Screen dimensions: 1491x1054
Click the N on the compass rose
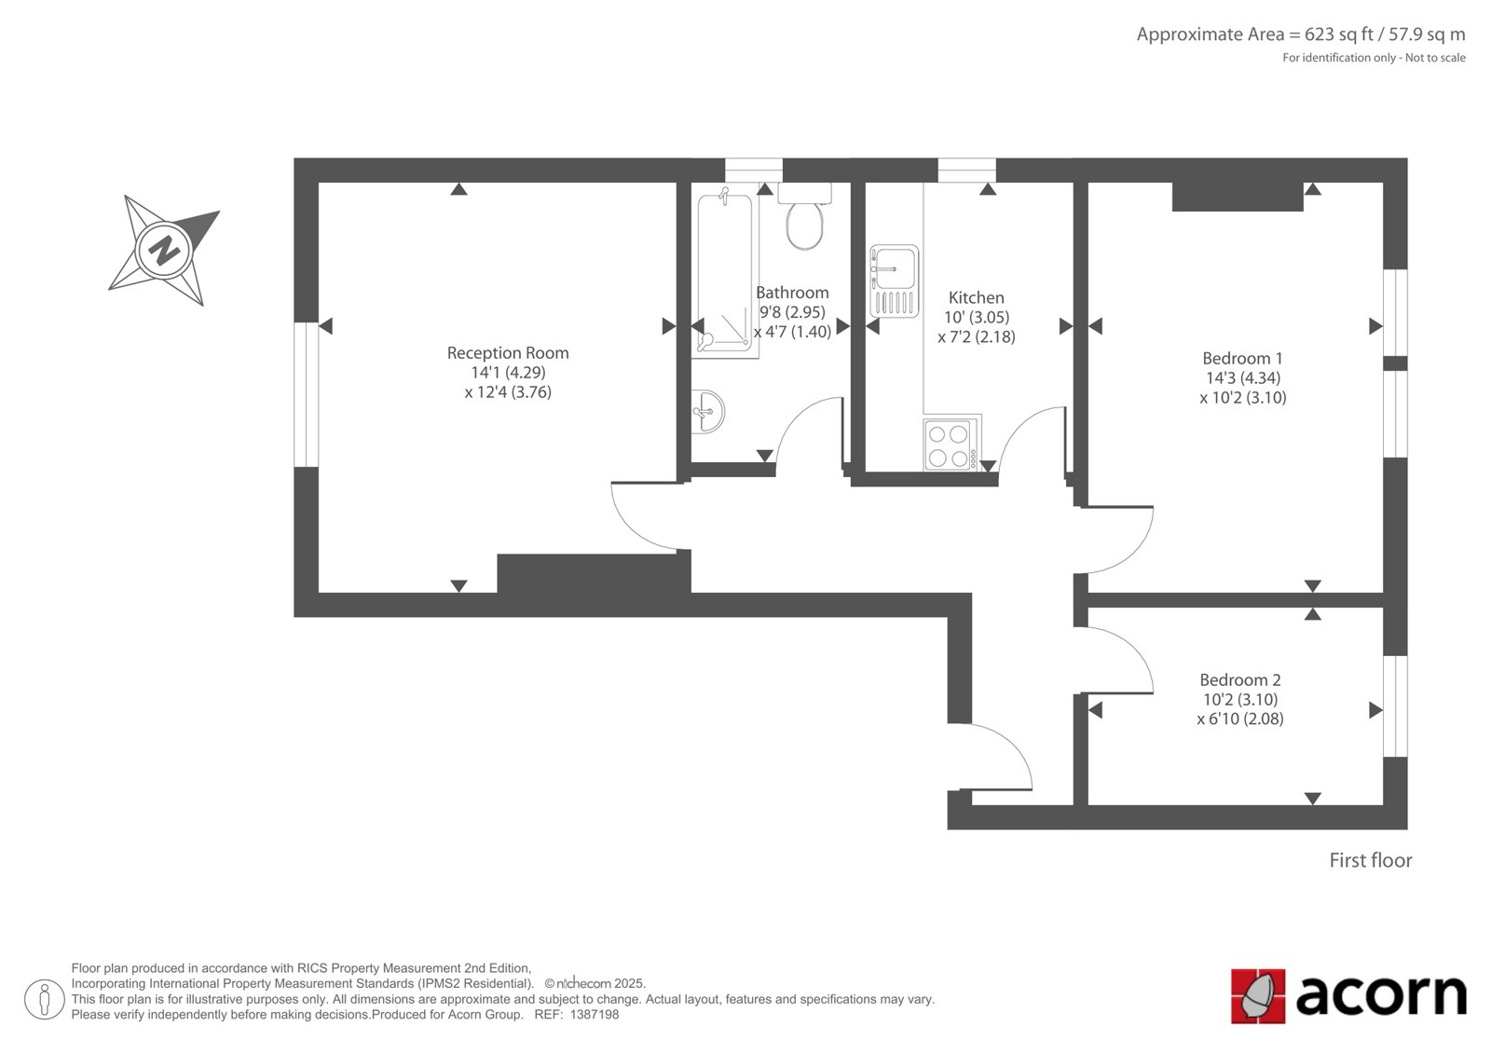coord(164,251)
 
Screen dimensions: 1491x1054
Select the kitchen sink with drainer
coord(894,281)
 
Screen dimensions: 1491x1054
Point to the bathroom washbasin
coord(707,412)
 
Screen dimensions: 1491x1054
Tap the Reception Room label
coord(508,353)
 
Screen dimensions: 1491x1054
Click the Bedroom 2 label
coord(1240,679)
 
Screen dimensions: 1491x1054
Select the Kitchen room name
coord(977,297)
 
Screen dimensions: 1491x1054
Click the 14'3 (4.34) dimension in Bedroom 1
coord(1243,378)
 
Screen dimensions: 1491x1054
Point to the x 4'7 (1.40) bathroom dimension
coord(792,332)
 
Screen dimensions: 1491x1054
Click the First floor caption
coord(1371,860)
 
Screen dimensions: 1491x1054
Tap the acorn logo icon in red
coord(1258,996)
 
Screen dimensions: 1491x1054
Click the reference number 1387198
coord(595,1015)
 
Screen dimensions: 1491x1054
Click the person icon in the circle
coord(45,999)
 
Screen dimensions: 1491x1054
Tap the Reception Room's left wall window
coord(307,395)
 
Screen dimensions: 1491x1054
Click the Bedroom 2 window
coord(1395,706)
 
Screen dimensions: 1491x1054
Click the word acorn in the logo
coord(1381,996)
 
